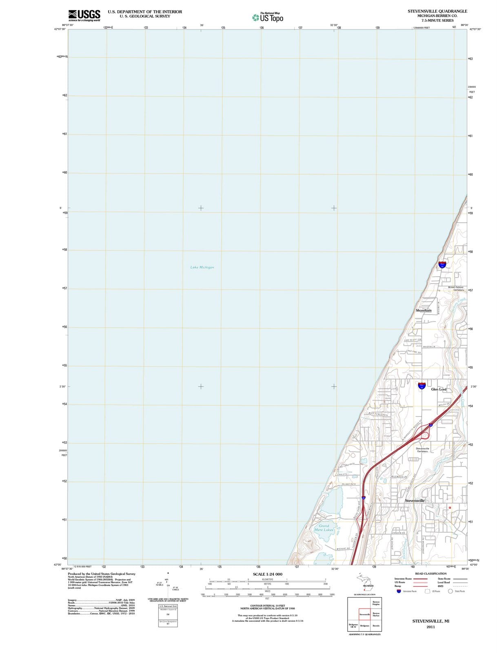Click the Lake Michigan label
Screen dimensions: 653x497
[202, 267]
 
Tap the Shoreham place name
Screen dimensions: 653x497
[423, 311]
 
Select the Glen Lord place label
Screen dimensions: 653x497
[439, 389]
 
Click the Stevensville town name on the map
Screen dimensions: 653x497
[415, 500]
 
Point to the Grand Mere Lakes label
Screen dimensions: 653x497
[324, 528]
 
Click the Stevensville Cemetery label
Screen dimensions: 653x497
[422, 450]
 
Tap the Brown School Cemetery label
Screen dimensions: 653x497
[456, 288]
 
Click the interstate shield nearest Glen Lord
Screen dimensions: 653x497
[422, 385]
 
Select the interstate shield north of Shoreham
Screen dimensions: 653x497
[442, 264]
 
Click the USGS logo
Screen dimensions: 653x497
[84, 15]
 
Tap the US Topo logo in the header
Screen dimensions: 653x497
[268, 18]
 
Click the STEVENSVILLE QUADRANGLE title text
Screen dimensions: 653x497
[437, 11]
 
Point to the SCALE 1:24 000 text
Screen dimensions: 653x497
[267, 574]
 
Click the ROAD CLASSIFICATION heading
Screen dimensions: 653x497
[430, 573]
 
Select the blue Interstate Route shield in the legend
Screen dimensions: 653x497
[399, 591]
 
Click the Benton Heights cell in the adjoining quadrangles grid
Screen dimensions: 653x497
[376, 603]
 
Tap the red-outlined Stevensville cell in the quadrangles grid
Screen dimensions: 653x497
[364, 614]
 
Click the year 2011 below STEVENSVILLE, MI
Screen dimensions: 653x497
[430, 627]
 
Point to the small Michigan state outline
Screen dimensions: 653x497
[364, 581]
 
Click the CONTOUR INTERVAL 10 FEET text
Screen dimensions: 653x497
[267, 606]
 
